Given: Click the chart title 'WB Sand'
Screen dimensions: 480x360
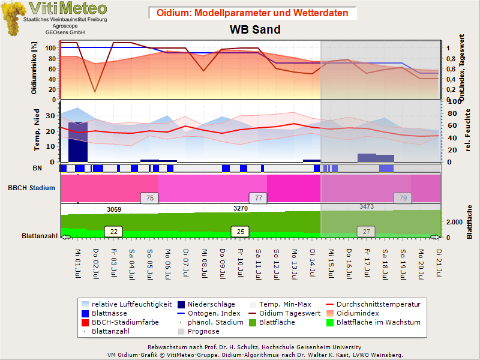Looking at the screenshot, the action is coord(255,29).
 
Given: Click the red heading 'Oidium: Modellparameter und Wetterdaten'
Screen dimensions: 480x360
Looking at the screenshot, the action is coord(252,13).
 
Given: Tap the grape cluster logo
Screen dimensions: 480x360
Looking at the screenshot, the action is coord(12,18).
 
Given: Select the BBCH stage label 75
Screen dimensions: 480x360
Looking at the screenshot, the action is coord(149,198).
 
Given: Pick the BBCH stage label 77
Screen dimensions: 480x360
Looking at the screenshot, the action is coord(258,198).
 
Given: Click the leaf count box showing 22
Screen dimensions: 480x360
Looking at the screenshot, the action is coord(113,232).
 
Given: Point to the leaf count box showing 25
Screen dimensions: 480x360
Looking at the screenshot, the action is coord(241,232).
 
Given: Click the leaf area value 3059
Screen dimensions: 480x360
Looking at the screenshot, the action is coord(114,209).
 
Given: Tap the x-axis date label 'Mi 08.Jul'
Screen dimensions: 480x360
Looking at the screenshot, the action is coord(204,263).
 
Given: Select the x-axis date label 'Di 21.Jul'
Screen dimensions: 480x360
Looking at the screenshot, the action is coord(439,263).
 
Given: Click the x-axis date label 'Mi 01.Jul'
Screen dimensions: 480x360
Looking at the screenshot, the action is coord(78,263).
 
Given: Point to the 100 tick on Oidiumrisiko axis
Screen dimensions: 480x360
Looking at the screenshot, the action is coord(50,48).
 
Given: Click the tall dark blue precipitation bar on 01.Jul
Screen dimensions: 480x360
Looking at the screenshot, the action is coord(78,142).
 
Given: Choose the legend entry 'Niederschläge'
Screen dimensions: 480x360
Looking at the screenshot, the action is coord(206,304).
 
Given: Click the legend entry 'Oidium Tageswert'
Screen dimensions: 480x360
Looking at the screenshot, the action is coord(284,313).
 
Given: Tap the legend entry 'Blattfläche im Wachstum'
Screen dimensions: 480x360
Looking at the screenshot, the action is coord(373,322).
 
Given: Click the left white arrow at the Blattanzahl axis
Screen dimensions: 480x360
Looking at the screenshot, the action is coord(65,237).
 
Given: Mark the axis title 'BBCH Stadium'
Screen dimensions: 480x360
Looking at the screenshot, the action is coord(32,188).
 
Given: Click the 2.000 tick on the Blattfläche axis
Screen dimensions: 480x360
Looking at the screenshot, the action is coord(454,222).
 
